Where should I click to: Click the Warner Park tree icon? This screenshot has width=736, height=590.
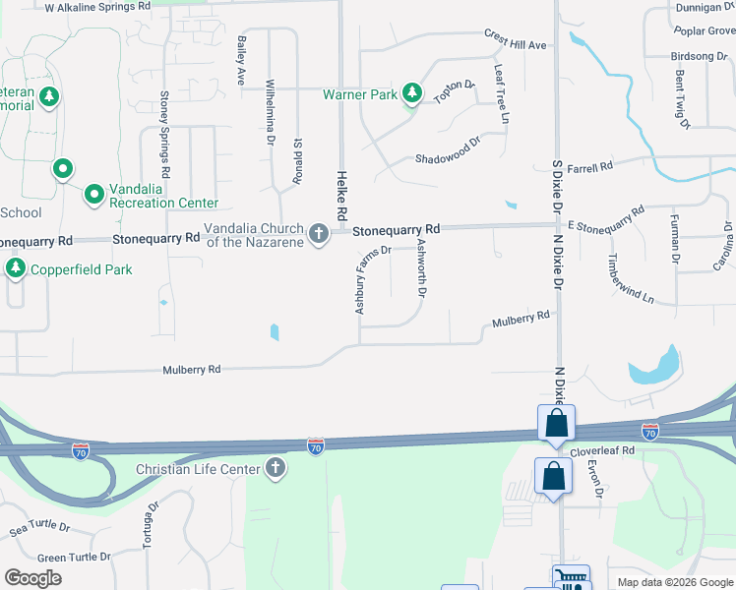(413, 94)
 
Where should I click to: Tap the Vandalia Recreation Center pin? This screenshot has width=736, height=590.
(94, 194)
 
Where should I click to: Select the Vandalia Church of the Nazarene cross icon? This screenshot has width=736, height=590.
(318, 234)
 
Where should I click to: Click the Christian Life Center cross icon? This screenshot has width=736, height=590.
(276, 469)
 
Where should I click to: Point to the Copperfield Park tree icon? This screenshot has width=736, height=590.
(15, 268)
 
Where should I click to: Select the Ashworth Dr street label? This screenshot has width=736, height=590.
(422, 268)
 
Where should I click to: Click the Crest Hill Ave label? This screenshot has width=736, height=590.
(515, 39)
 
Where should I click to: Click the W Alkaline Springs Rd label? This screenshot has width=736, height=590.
(98, 6)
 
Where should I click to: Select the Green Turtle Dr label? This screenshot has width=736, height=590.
(74, 558)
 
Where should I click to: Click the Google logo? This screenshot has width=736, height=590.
(33, 578)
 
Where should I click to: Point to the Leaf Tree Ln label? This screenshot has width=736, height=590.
(502, 94)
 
